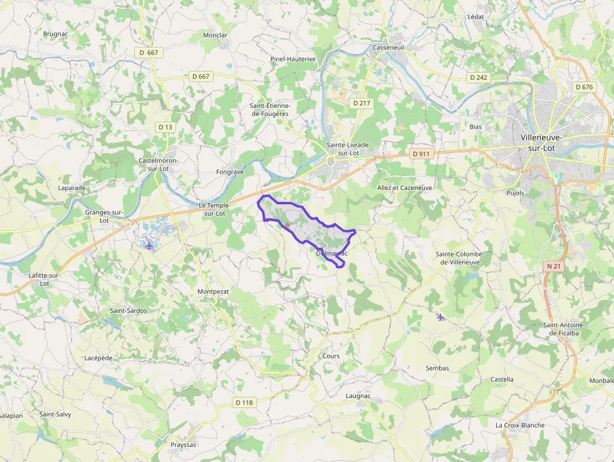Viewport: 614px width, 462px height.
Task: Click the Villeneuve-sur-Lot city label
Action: click(x=541, y=142)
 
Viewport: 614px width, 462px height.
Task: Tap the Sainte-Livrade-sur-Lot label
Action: click(x=348, y=149)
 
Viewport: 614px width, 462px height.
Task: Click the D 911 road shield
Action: click(x=422, y=153)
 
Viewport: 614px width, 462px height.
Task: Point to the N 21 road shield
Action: click(x=553, y=266)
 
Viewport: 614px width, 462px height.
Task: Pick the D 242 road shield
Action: click(x=479, y=77)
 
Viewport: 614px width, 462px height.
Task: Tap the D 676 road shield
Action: click(x=583, y=87)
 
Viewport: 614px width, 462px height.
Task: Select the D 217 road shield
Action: click(x=362, y=103)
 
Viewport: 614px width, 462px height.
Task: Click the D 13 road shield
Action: click(x=165, y=127)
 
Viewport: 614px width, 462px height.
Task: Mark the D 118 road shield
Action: click(x=244, y=402)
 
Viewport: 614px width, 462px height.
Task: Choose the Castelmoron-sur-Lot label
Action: click(x=158, y=164)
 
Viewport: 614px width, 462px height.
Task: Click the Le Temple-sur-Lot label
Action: click(x=215, y=209)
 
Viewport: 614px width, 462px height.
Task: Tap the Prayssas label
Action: click(x=184, y=445)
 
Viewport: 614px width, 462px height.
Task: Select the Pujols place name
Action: click(x=515, y=193)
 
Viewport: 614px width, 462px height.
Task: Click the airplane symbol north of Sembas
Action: click(x=440, y=317)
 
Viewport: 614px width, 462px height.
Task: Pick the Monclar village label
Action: click(x=215, y=35)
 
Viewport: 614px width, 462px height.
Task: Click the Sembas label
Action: click(x=437, y=368)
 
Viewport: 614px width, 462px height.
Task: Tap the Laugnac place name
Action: click(x=358, y=396)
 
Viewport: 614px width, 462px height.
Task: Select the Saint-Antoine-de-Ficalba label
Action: click(x=564, y=328)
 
